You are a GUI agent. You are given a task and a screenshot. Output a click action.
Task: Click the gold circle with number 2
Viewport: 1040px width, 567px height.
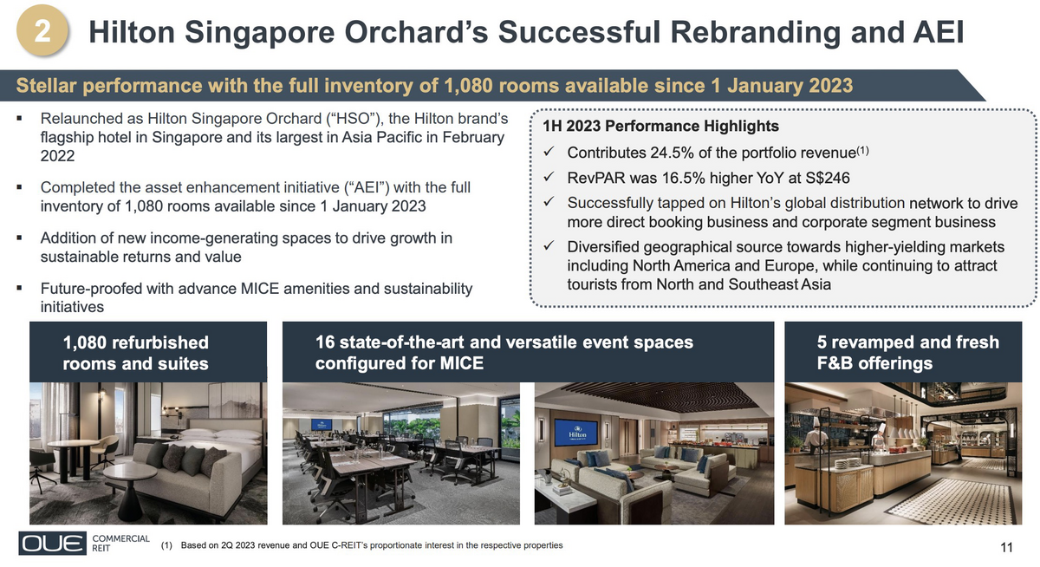pyautogui.click(x=42, y=30)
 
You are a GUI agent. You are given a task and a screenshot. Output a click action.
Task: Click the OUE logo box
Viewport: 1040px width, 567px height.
pyautogui.click(x=53, y=543)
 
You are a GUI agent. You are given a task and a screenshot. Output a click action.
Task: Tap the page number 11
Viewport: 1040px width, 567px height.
pyautogui.click(x=1006, y=548)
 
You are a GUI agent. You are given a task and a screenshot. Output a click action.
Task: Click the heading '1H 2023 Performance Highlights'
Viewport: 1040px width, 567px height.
pyautogui.click(x=660, y=126)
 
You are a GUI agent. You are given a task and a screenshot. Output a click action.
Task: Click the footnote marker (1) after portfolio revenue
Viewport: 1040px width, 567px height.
pyautogui.click(x=862, y=150)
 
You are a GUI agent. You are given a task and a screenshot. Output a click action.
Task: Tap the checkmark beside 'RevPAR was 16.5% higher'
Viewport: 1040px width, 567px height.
pyautogui.click(x=549, y=177)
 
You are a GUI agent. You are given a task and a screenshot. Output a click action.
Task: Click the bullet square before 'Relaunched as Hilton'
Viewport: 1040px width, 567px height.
pyautogui.click(x=19, y=119)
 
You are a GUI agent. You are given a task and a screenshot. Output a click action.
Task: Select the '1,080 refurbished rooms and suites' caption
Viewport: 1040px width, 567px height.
pyautogui.click(x=135, y=353)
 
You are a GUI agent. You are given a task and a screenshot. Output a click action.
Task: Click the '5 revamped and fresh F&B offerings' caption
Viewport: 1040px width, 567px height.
pyautogui.click(x=907, y=353)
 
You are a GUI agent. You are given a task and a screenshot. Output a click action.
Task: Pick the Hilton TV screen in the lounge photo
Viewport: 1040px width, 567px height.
pyautogui.click(x=577, y=433)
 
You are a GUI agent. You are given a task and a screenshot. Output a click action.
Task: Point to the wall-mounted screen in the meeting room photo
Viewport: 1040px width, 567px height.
pyautogui.click(x=322, y=425)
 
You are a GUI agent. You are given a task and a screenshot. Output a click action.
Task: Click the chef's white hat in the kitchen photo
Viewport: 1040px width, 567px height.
pyautogui.click(x=816, y=422)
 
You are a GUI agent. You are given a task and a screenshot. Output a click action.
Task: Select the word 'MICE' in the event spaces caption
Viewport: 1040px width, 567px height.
pyautogui.click(x=461, y=363)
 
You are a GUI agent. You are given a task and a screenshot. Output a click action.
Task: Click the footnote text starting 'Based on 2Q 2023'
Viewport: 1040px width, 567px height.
pyautogui.click(x=372, y=545)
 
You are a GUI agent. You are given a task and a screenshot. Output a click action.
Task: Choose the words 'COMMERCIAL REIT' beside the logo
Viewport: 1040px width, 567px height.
pyautogui.click(x=120, y=544)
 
